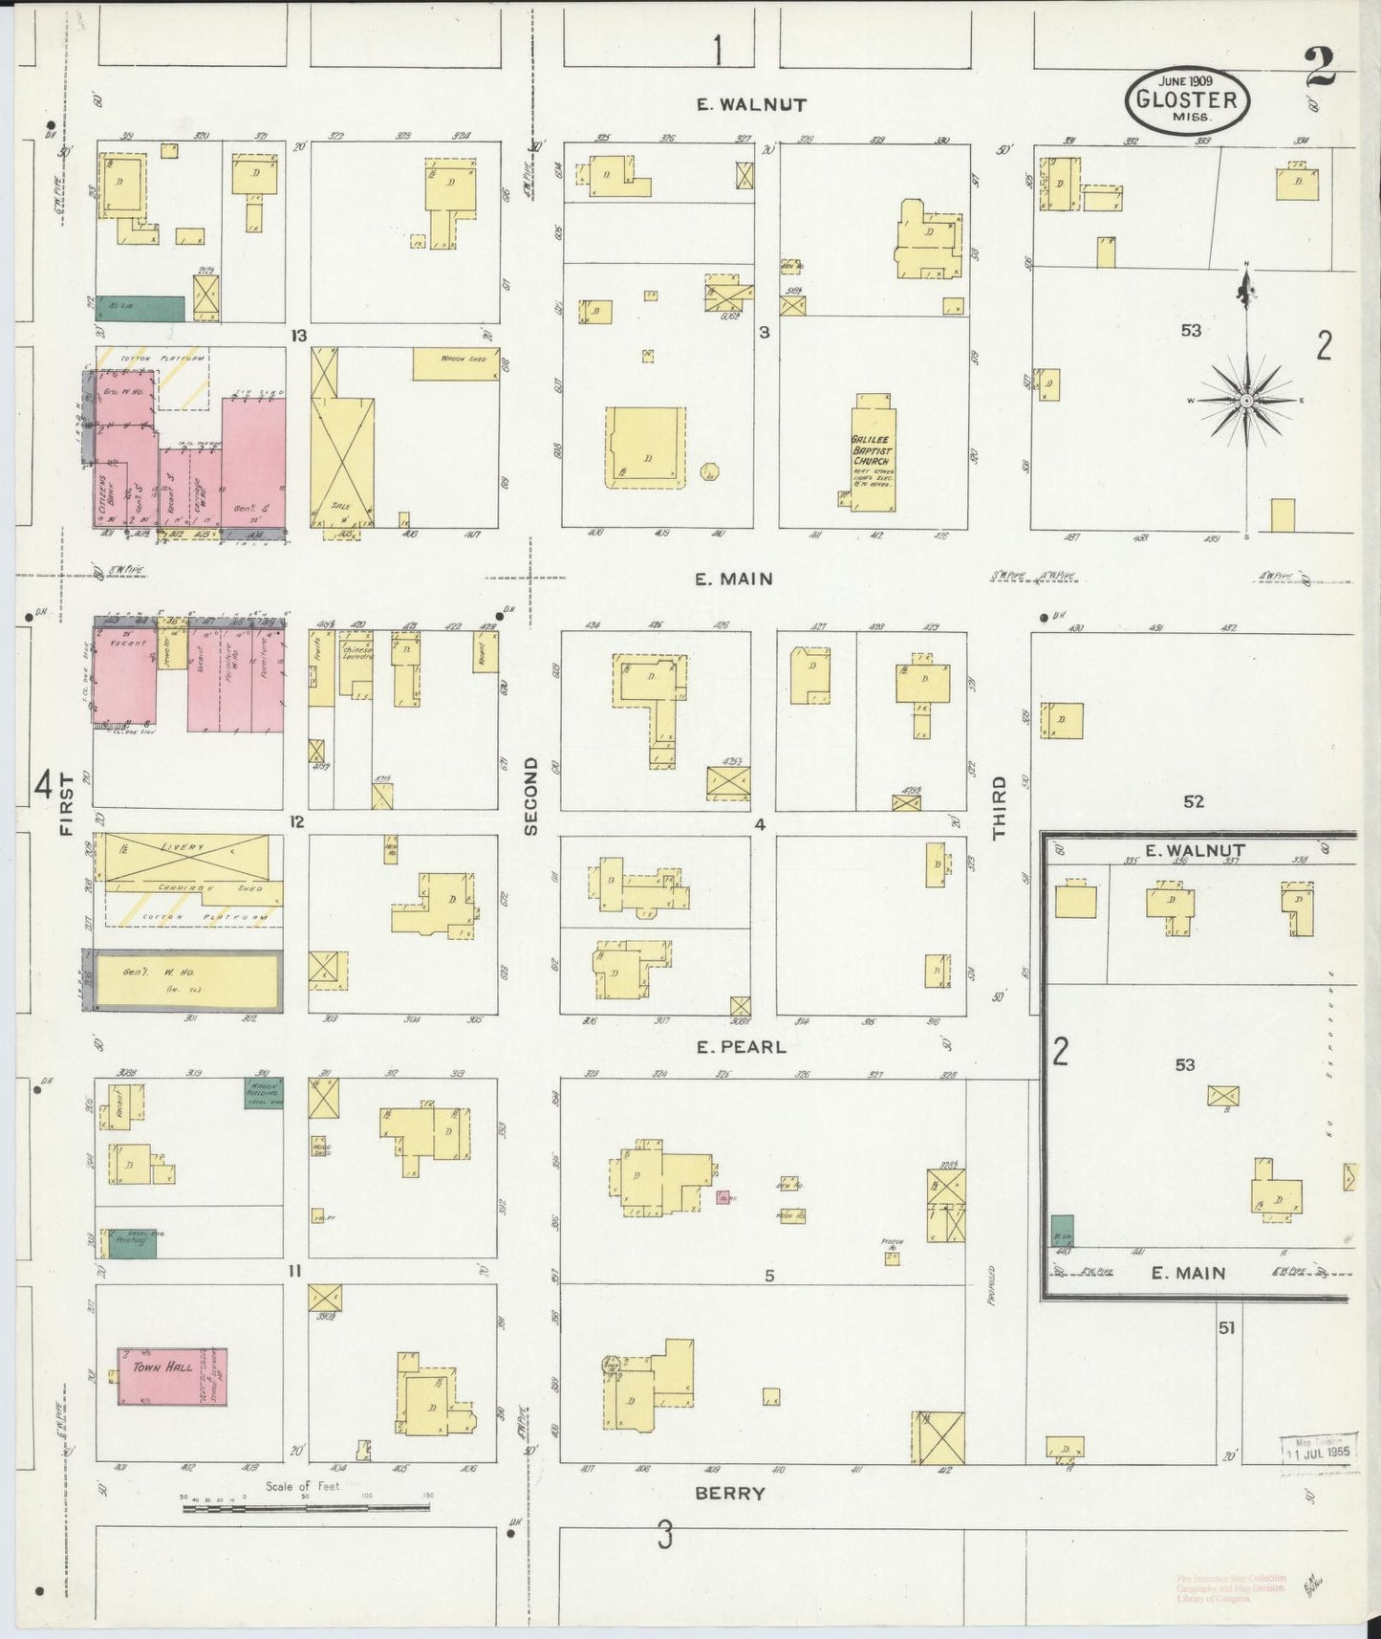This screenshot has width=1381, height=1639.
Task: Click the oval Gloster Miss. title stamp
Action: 1186,99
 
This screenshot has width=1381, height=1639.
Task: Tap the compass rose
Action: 1246,400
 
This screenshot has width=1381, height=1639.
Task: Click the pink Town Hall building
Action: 172,1376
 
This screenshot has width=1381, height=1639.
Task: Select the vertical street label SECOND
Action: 531,796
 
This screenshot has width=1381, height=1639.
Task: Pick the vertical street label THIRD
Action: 999,807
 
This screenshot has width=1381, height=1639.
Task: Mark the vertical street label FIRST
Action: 66,804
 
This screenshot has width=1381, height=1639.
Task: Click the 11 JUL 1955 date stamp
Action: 1318,1452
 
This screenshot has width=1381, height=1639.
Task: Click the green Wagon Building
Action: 263,1093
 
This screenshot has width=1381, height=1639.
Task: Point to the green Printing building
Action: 132,1242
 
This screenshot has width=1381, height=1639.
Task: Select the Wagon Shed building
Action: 456,362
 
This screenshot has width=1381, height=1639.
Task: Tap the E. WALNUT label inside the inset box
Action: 1195,851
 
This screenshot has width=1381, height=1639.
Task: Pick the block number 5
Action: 768,1275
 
